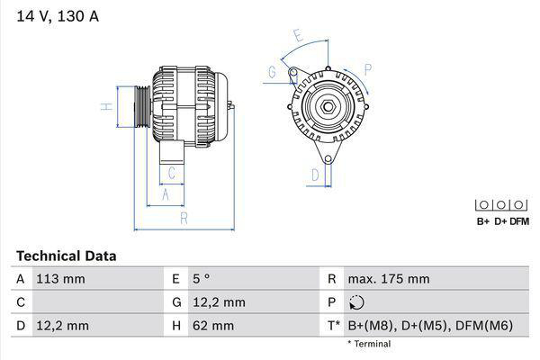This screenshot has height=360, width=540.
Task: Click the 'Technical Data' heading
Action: (x=66, y=256)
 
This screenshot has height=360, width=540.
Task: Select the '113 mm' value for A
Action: (x=60, y=279)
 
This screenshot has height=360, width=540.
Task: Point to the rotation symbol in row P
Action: (x=357, y=302)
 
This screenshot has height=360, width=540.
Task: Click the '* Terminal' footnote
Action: (x=369, y=344)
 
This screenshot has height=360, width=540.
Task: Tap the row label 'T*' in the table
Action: (x=334, y=325)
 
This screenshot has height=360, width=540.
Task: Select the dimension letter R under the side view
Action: (x=184, y=219)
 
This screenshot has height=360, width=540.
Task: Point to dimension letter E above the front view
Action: (x=299, y=35)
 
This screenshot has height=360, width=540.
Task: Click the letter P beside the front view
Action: (x=368, y=67)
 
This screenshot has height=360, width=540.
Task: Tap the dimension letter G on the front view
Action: (x=272, y=71)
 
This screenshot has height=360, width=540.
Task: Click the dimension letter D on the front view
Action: (x=315, y=174)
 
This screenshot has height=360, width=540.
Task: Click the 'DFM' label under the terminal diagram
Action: (x=519, y=221)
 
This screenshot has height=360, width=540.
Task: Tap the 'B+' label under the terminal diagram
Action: (x=482, y=221)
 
